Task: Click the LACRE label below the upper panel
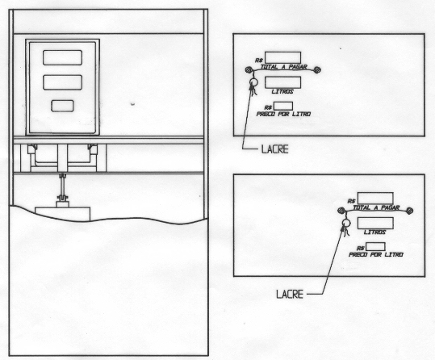[275, 149]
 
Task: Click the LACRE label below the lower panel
[290, 295]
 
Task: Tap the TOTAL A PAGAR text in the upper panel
[284, 67]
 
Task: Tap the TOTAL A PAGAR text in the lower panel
[376, 207]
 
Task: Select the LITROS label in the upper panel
[282, 91]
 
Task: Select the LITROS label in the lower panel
[374, 232]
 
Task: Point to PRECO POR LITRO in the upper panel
[283, 114]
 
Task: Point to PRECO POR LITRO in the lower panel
[376, 254]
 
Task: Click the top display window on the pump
[62, 57]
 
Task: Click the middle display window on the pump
[62, 82]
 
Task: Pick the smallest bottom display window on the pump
[62, 106]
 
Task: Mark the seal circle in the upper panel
[253, 82]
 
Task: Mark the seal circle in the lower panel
[345, 223]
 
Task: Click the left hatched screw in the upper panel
[249, 69]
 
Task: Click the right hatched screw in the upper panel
[317, 70]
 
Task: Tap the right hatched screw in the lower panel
[409, 211]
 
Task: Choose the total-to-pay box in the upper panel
[282, 57]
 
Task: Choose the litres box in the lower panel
[375, 223]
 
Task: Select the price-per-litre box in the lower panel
[375, 246]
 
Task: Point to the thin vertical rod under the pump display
[62, 186]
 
